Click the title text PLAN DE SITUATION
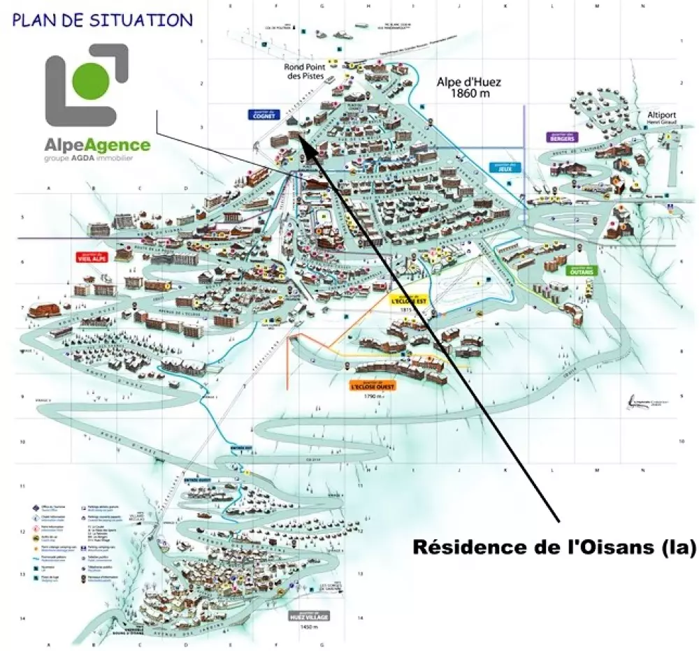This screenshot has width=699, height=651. tap(102, 20)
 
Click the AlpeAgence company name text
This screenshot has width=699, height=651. tap(97, 145)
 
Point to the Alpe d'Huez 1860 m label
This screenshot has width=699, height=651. tap(469, 87)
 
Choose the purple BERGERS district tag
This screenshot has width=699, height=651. tap(561, 137)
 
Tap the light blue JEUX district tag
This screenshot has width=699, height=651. tap(502, 168)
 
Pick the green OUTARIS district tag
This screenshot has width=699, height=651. tap(582, 271)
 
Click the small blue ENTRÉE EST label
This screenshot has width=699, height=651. tap(238, 449)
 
